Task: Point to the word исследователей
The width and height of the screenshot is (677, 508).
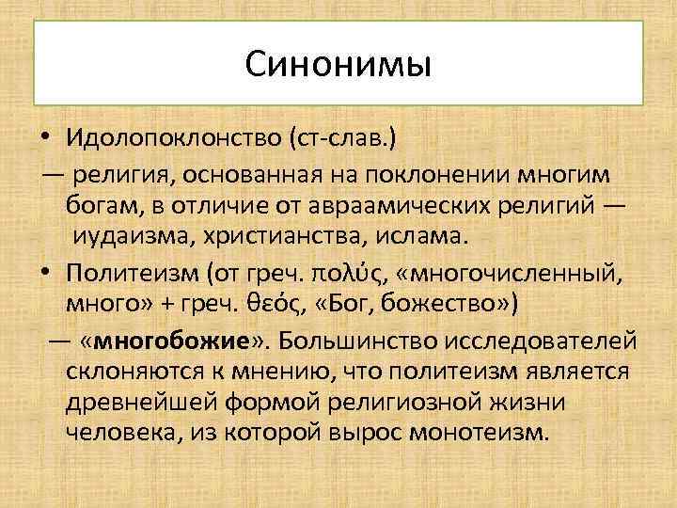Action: [x=543, y=339]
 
